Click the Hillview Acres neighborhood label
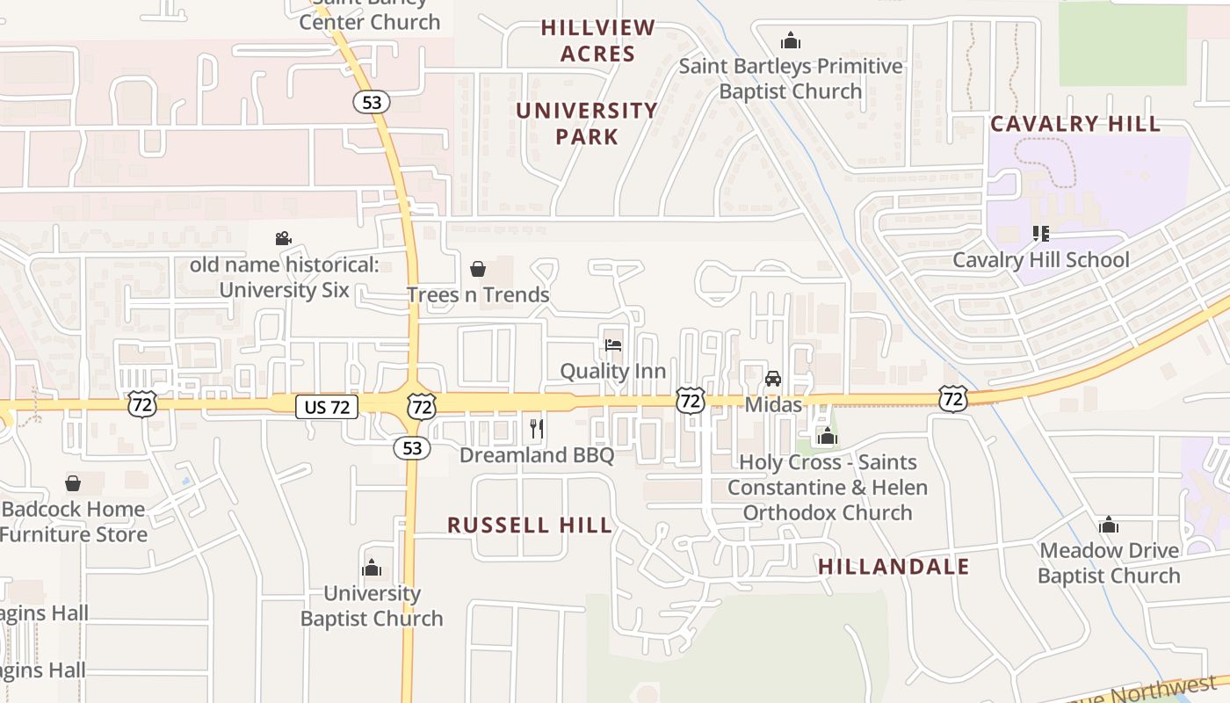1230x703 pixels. click(597, 40)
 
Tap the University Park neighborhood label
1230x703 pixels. click(586, 123)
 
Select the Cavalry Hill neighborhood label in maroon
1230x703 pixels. click(1075, 124)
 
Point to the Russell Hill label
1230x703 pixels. click(530, 525)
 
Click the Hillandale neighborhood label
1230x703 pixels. click(894, 567)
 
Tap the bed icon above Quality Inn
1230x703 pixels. click(613, 344)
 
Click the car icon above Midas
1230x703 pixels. click(773, 379)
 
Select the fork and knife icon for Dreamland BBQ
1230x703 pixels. click(537, 429)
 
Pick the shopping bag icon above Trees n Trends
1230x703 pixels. click(478, 268)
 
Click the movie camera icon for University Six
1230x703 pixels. click(283, 238)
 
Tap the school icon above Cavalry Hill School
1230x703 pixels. click(1041, 234)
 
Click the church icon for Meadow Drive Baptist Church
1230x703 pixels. click(1109, 525)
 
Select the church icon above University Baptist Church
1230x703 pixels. click(372, 568)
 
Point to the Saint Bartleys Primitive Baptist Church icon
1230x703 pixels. click(791, 40)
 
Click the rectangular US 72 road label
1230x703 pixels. click(327, 407)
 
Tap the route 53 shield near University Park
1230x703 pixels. click(372, 102)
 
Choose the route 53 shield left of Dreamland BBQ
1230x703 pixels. click(412, 448)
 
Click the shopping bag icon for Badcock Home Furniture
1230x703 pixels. click(73, 483)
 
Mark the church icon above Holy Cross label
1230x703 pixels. click(827, 436)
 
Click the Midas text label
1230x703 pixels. click(773, 404)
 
